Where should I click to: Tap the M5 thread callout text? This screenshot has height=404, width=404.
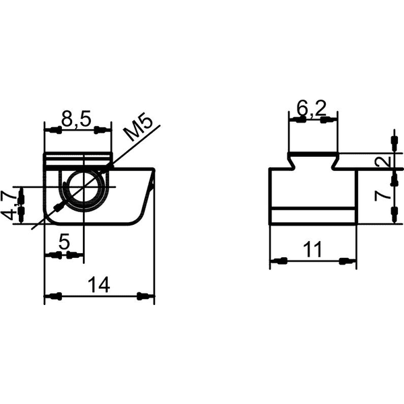pos(137,129)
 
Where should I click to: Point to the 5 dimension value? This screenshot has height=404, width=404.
pos(64,242)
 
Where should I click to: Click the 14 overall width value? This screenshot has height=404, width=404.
pos(99,284)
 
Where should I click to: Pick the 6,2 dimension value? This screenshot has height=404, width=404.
pos(311,108)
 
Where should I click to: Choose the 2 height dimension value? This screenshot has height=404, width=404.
pos(384,162)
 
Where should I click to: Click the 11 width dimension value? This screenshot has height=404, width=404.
pos(312,249)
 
